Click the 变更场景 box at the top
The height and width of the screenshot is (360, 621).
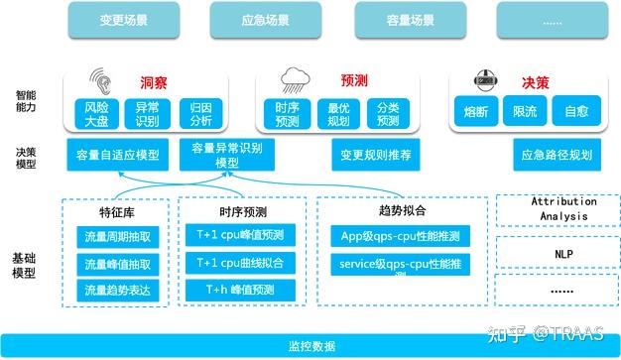click(x=125, y=18)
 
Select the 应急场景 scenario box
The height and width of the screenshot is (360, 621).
click(x=266, y=18)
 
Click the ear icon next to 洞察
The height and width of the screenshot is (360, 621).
click(x=100, y=78)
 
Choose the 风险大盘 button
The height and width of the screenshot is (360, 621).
click(x=94, y=113)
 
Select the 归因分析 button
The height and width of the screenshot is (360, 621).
click(x=201, y=113)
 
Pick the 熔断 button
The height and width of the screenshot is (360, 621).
click(x=476, y=113)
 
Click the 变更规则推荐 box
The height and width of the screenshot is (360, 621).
click(x=375, y=155)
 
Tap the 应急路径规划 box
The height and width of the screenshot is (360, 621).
click(x=556, y=155)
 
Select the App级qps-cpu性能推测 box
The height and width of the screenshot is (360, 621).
click(x=402, y=237)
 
